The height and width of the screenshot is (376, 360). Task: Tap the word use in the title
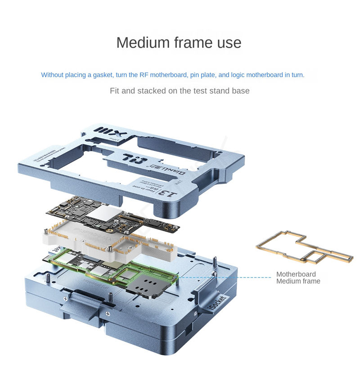coord(228,43)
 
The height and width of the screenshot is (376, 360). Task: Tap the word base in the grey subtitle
coord(240,91)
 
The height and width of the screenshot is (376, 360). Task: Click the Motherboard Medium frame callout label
coord(298,278)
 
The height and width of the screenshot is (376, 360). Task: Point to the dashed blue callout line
coord(225,278)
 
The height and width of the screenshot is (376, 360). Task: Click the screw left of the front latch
coord(66,297)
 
